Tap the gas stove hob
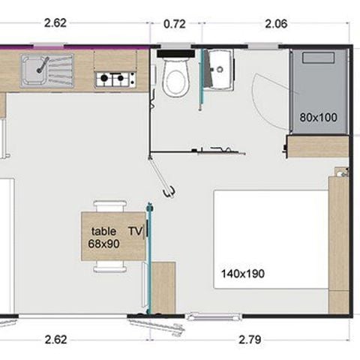coord(115,77)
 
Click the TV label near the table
coord(135,232)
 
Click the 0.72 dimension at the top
coord(174,23)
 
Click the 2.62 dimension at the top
coord(55,23)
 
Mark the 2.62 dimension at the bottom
coord(55,339)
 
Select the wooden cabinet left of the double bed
coord(163,286)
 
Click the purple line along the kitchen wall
coord(75,46)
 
